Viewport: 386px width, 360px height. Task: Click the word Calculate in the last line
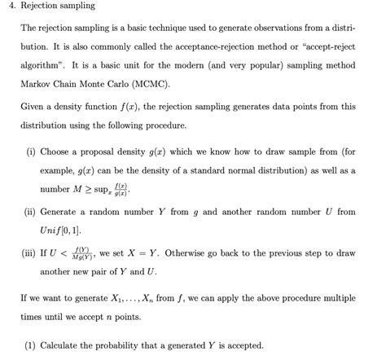click(x=63, y=345)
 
